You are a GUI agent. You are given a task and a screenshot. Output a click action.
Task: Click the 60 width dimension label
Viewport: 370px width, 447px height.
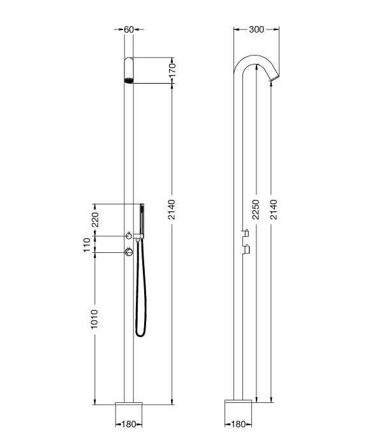tap(129, 29)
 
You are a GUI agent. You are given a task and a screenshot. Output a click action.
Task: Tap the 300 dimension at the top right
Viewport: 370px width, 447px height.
tap(256, 29)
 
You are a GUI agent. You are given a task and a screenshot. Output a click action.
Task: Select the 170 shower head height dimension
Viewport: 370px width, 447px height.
tap(172, 70)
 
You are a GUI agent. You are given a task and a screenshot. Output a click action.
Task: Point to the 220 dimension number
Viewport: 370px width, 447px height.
tap(95, 220)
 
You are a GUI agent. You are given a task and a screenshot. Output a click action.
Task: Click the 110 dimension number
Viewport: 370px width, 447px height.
tap(87, 245)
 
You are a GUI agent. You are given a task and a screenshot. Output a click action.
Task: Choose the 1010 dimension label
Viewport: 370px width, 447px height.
tap(94, 319)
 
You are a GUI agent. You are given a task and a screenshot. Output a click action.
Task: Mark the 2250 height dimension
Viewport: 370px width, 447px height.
tap(256, 209)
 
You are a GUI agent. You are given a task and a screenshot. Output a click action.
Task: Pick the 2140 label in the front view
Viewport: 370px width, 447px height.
tap(172, 209)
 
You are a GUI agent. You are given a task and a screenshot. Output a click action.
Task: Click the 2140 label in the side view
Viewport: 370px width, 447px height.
tap(273, 209)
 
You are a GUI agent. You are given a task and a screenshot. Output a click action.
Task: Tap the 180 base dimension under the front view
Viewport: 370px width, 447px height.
tap(128, 424)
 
